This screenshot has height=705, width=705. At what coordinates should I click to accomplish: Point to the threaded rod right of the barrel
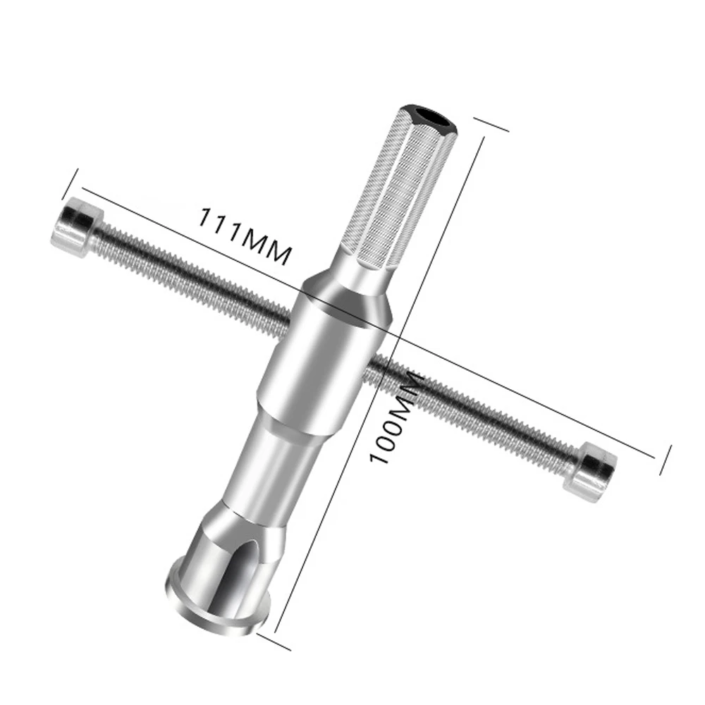pos(479,409)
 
